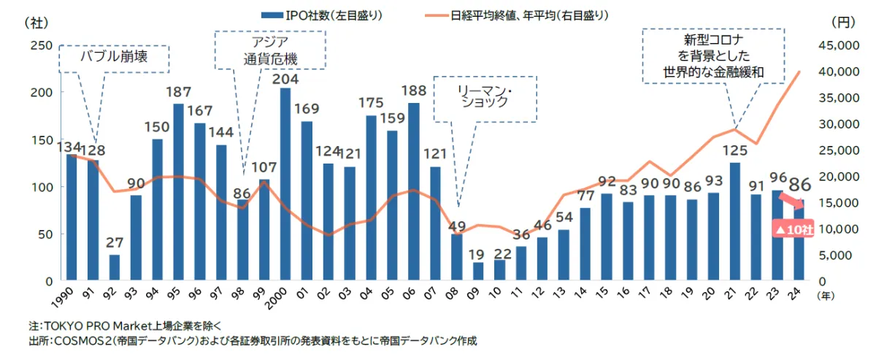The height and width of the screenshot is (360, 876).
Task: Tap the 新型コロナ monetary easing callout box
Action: coord(712,55)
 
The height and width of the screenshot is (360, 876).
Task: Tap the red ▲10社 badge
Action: coord(792,229)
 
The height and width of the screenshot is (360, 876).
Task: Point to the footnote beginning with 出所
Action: coord(253,340)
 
